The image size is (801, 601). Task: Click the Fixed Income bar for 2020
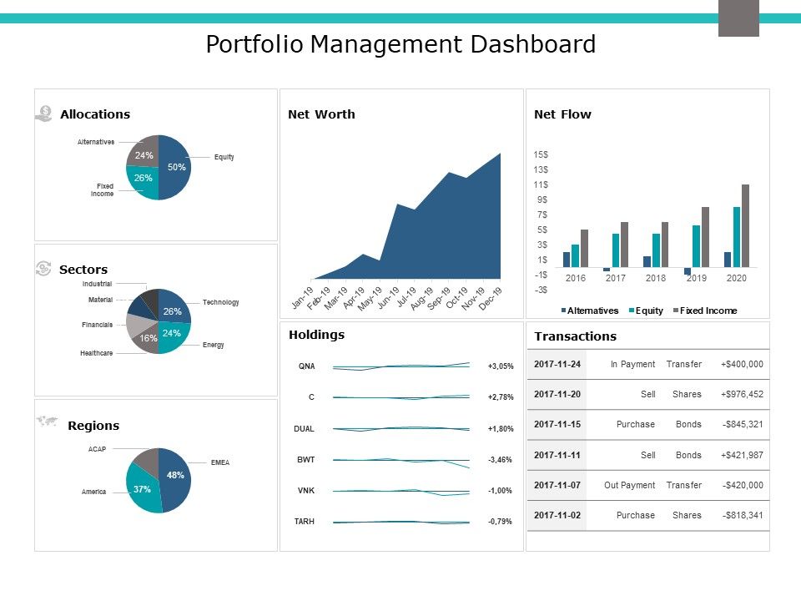[x=745, y=225]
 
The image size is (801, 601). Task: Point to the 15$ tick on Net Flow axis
[x=541, y=154]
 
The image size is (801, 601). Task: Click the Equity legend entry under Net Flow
[x=648, y=311]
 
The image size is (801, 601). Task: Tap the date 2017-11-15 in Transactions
[x=557, y=424]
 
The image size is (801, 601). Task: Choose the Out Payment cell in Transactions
[x=630, y=485]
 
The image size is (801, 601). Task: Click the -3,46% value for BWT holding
[x=500, y=460]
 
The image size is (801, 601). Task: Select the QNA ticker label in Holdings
[x=306, y=366]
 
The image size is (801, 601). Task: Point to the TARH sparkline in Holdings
[x=401, y=523]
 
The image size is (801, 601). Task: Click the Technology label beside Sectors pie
[x=220, y=302]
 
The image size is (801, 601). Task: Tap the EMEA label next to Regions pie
[x=220, y=462]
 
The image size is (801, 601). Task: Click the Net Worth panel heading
[x=321, y=114]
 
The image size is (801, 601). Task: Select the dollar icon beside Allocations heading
[x=44, y=114]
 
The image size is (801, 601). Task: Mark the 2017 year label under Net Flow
[x=615, y=278]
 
